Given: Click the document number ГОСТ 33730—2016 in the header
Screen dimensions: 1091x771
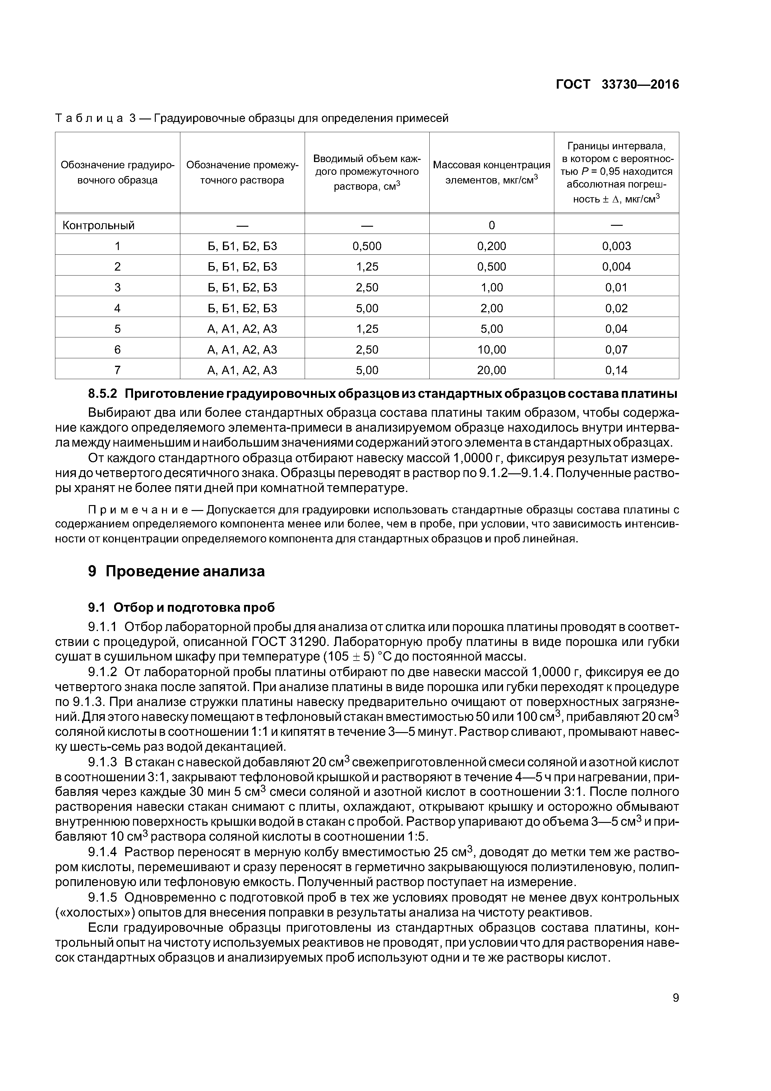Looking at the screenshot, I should (x=617, y=85).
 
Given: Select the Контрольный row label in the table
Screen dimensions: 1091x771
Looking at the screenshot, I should (x=99, y=225).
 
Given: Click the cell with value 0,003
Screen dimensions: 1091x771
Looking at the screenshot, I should (x=616, y=246).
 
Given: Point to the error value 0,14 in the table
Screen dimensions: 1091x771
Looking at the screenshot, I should (x=616, y=370).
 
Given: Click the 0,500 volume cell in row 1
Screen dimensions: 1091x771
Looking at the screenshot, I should (x=367, y=246).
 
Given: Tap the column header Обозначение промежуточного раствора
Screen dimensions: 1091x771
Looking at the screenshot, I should (x=242, y=173).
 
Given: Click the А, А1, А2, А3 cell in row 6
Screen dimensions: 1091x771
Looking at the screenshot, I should (x=242, y=350).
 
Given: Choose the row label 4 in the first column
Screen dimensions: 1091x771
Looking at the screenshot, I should (x=117, y=309).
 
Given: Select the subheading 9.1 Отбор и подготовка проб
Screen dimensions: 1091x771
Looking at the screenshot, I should (x=182, y=608).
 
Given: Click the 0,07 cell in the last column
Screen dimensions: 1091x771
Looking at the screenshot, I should (x=616, y=350).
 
